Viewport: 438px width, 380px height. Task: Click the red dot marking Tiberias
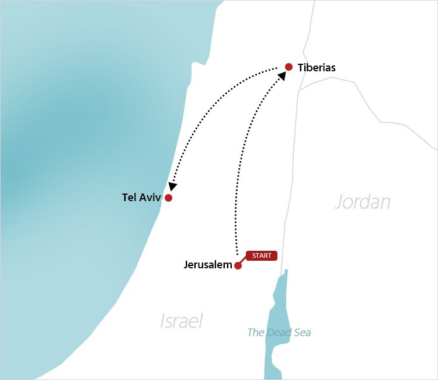click(288, 67)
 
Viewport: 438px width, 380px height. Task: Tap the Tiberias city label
click(317, 68)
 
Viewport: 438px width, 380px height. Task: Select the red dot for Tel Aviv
click(168, 198)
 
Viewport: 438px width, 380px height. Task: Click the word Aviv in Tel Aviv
click(150, 198)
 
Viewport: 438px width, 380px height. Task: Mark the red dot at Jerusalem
click(238, 265)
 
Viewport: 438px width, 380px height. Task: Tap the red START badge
click(261, 255)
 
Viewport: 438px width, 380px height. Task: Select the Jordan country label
click(362, 202)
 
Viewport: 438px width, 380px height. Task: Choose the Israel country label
click(181, 320)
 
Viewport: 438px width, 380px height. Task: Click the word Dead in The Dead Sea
click(280, 333)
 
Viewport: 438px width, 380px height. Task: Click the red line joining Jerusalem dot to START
click(243, 261)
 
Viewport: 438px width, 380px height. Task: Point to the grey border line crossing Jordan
click(374, 111)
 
